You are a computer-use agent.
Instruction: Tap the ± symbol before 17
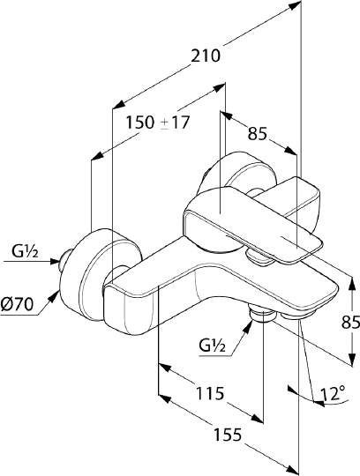point(165,123)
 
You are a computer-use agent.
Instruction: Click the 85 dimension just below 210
point(258,134)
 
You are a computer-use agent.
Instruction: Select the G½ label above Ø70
point(24,253)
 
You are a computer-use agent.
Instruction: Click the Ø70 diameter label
point(19,304)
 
